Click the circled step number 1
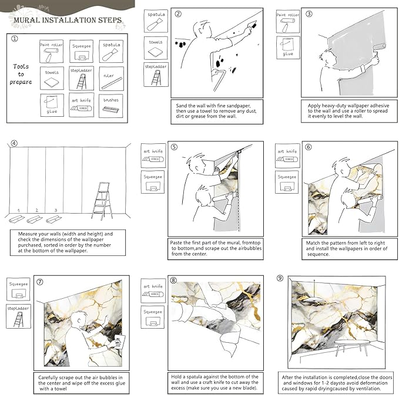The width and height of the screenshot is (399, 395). (15, 39)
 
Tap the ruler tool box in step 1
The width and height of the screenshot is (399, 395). (111, 79)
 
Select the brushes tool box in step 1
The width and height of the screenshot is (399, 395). (111, 106)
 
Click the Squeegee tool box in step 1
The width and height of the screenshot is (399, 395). (82, 51)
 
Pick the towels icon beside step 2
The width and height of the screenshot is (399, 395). (156, 48)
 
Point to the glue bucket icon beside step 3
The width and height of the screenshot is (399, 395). (288, 48)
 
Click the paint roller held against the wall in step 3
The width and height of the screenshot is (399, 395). (379, 48)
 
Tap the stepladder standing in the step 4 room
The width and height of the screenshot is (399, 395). (102, 201)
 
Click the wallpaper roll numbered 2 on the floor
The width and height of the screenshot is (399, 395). (35, 219)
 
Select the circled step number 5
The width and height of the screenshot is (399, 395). (174, 147)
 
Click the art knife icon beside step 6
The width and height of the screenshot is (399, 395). (287, 156)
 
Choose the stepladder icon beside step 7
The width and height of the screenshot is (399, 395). (19, 316)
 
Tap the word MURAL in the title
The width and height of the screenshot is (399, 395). (26, 21)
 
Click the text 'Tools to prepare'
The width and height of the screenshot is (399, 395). (21, 74)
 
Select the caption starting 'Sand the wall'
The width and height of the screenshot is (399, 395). (216, 111)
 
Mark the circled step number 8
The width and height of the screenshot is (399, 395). (173, 281)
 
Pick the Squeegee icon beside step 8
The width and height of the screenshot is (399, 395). (153, 317)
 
